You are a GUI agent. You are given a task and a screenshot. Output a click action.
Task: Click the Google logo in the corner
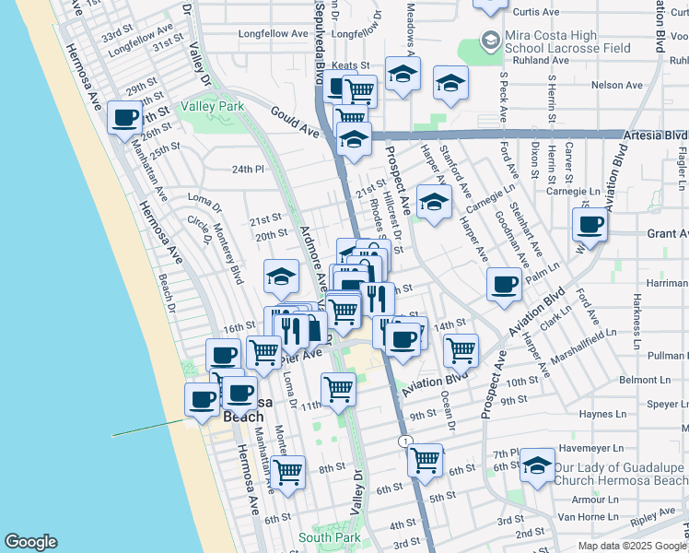coord(31,542)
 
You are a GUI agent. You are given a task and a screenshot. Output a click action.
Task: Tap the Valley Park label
coord(212,107)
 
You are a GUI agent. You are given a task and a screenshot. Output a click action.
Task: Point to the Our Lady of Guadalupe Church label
coord(620,474)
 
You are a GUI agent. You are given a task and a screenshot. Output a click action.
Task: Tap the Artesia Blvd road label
coord(655,135)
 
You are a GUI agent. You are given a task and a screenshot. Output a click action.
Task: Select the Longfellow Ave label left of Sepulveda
coord(273,34)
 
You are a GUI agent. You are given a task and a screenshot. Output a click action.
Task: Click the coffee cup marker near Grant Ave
coord(590,224)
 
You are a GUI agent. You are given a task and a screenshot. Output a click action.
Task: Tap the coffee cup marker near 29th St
coord(125,118)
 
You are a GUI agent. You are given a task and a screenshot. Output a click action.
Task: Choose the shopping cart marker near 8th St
coord(288,472)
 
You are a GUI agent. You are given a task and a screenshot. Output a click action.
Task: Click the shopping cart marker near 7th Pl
coord(425,458)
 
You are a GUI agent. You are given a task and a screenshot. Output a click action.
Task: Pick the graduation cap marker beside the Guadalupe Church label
coord(537,465)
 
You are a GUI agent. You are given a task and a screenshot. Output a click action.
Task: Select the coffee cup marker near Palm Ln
coord(504,284)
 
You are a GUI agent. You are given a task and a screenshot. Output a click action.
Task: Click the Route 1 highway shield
coord(404,442)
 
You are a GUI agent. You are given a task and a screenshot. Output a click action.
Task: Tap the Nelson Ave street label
coord(616,85)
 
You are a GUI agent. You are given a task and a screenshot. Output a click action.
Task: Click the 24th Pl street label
coord(248,170)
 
